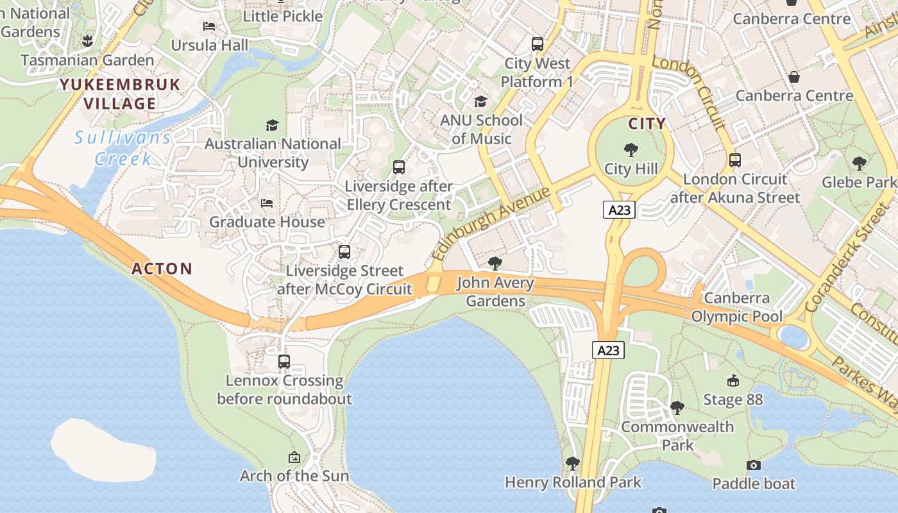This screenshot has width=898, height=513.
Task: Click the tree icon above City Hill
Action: click(631, 150)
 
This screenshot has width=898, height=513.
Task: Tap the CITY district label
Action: click(647, 124)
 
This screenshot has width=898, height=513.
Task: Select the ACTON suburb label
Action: click(162, 269)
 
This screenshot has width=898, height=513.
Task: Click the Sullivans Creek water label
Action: click(123, 148)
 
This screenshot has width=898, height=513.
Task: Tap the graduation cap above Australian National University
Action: click(273, 125)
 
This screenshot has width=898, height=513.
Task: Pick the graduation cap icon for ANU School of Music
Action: click(480, 101)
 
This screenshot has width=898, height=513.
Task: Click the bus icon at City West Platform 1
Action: click(538, 44)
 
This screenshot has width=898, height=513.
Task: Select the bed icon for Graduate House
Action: click(267, 203)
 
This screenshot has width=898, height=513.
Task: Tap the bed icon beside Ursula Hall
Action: click(209, 26)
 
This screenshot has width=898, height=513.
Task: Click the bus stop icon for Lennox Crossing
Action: click(284, 362)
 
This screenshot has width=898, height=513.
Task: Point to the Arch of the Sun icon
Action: click(294, 457)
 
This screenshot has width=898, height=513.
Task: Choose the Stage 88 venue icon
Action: click(733, 381)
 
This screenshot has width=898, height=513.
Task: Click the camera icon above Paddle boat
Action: click(754, 465)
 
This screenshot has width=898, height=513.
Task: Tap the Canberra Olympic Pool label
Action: click(737, 307)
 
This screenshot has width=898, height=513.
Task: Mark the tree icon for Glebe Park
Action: click(860, 163)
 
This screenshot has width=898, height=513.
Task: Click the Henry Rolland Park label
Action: click(573, 482)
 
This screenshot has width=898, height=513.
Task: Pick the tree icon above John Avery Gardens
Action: click(495, 263)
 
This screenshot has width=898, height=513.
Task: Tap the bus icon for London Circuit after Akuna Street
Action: click(735, 160)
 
